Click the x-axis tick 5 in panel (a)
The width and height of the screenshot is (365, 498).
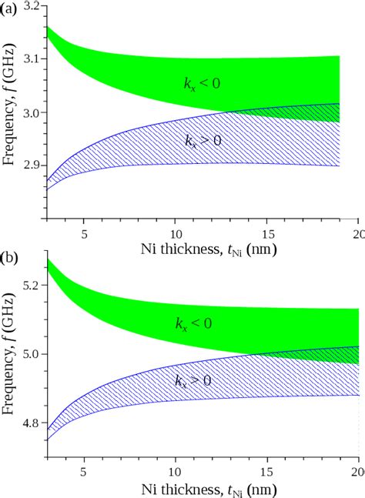pos(85,233)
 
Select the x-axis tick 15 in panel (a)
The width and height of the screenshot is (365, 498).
pos(268,233)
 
